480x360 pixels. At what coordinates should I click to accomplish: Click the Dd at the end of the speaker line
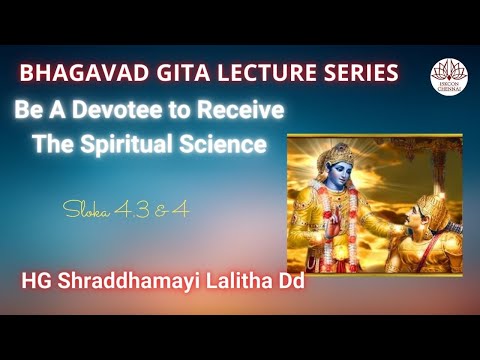click(289, 283)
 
